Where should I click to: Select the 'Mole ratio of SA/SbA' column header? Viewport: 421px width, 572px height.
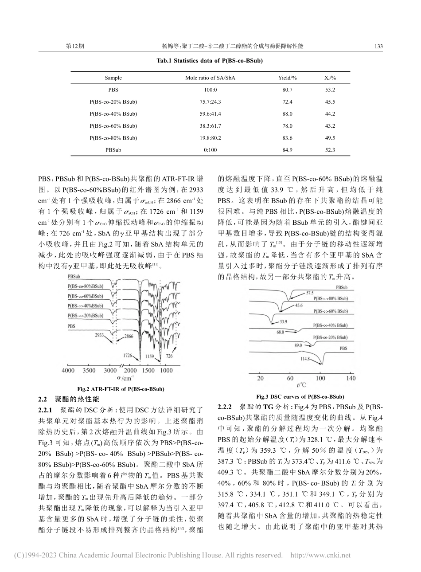click(x=210, y=78)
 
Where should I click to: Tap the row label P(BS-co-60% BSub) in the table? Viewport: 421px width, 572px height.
click(x=113, y=126)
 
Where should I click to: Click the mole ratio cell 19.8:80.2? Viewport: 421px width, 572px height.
click(x=210, y=138)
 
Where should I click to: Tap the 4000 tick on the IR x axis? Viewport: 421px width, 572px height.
click(x=68, y=370)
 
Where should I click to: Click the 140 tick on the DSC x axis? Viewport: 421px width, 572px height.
click(x=350, y=378)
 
